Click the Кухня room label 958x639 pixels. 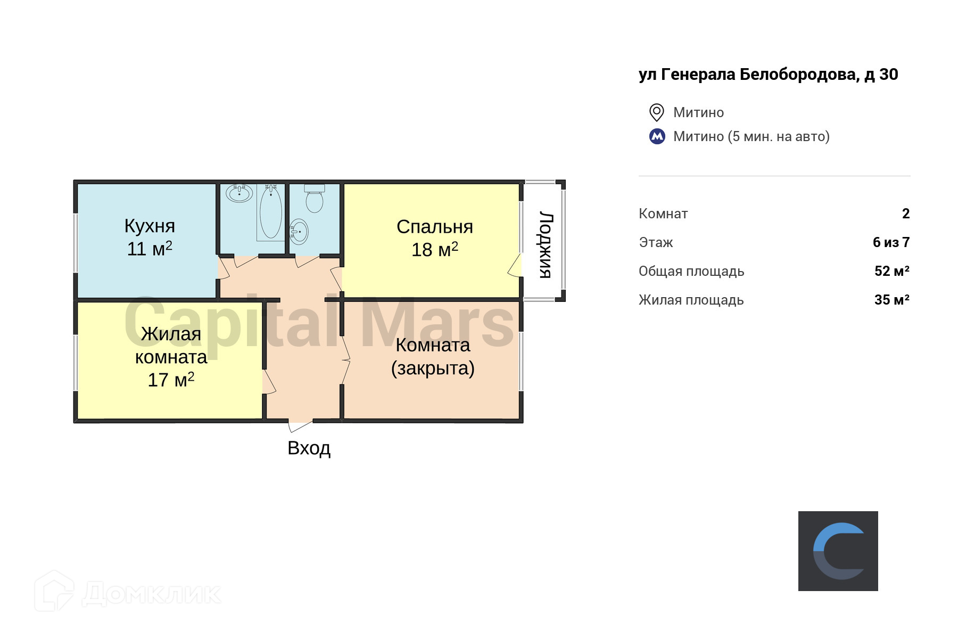click(x=150, y=226)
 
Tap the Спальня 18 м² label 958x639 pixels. click(x=434, y=238)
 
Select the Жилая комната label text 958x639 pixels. click(x=171, y=346)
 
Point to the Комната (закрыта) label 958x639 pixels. click(x=433, y=356)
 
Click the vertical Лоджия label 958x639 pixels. click(x=546, y=244)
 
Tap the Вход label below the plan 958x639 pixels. click(x=309, y=448)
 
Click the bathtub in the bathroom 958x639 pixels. click(x=271, y=212)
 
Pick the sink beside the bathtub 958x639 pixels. click(x=239, y=193)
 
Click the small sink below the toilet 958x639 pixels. click(x=299, y=232)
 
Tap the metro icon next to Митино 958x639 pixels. click(x=657, y=136)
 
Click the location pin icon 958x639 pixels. click(x=657, y=112)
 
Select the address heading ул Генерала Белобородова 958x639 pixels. click(x=768, y=75)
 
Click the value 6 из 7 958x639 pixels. click(x=891, y=242)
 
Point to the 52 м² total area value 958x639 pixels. click(x=891, y=271)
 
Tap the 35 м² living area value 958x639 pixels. click(x=891, y=300)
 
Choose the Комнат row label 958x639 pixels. click(x=663, y=214)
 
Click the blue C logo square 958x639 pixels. click(x=838, y=551)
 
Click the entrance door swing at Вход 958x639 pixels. click(x=300, y=426)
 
